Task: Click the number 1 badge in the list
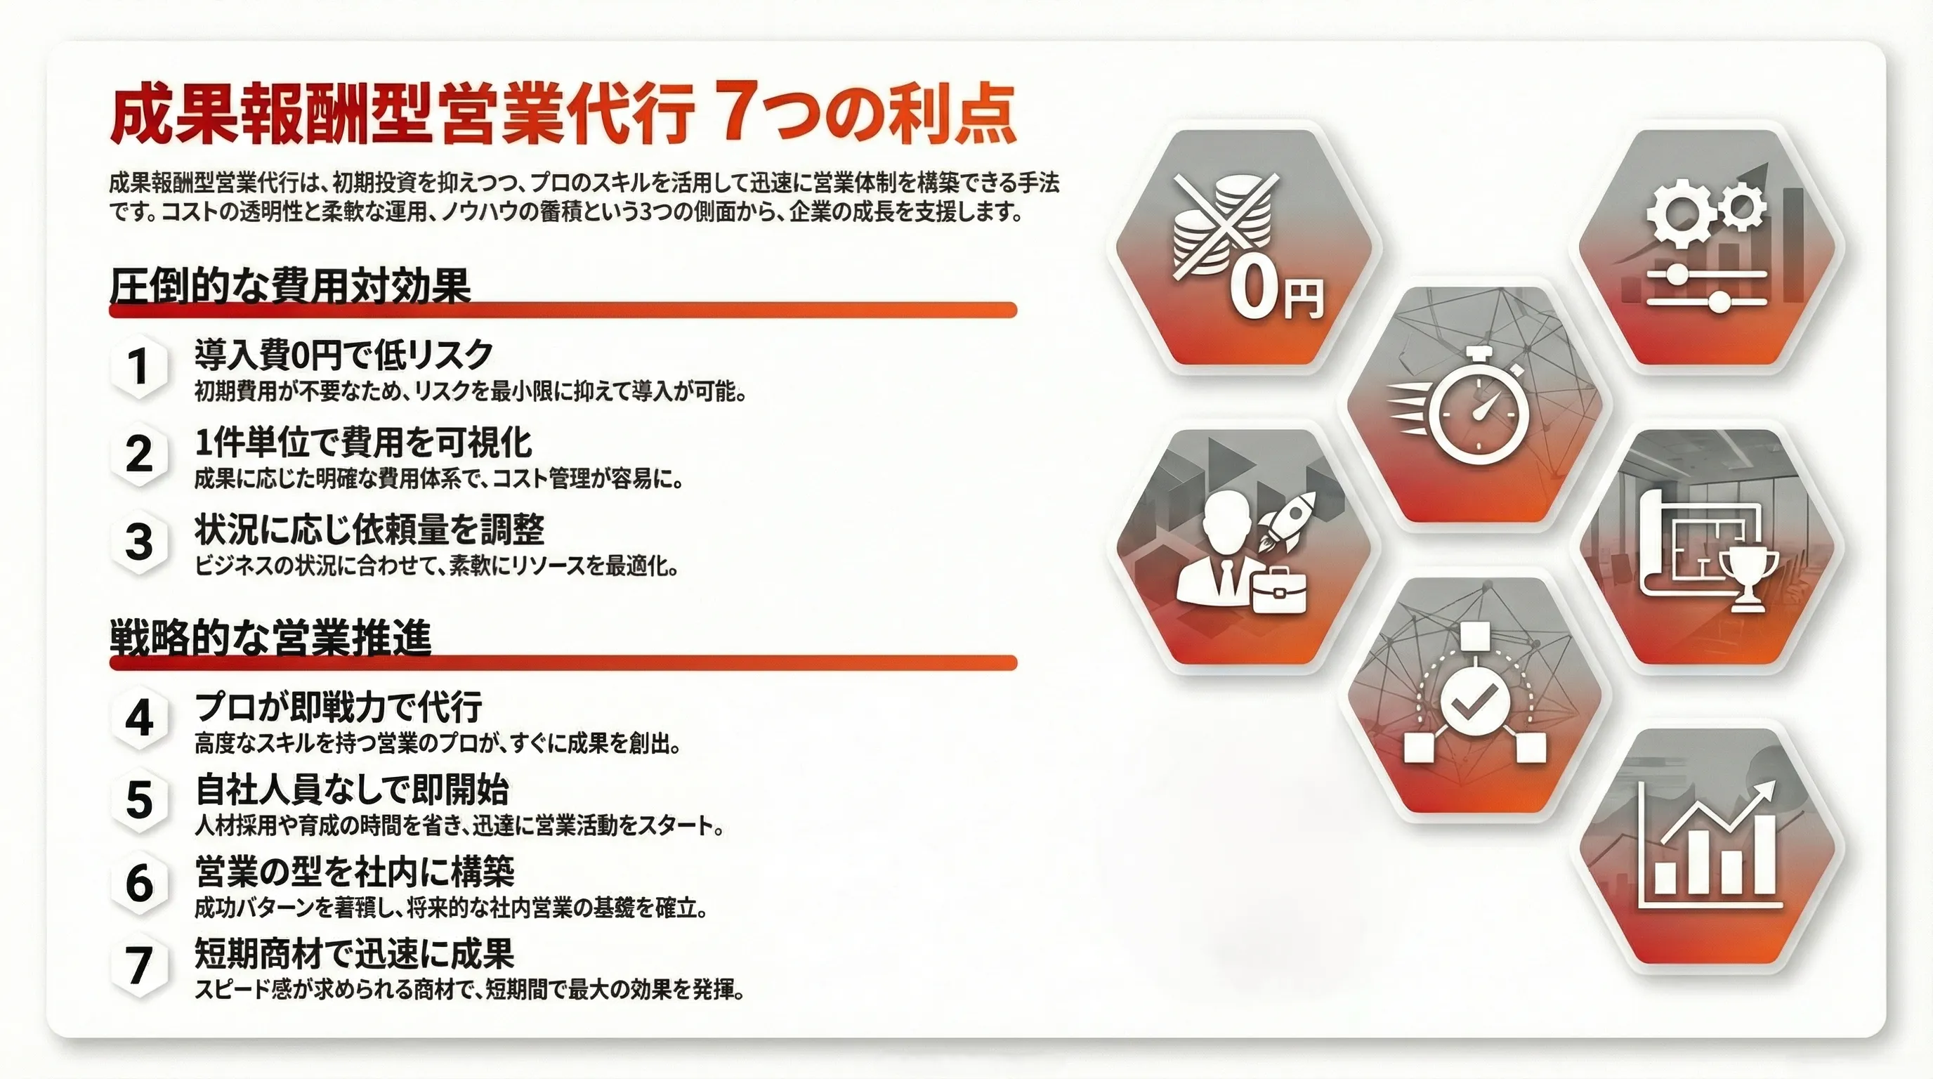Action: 139,367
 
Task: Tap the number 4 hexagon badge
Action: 139,719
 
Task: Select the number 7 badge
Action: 139,965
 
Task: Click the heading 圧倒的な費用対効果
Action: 289,285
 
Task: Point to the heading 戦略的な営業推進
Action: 271,638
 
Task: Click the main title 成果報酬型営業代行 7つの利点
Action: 563,114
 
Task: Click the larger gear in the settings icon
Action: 1677,213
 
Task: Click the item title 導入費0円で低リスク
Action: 343,354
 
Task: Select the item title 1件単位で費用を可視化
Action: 363,443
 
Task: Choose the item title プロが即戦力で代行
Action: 339,706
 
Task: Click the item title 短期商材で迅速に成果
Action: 354,954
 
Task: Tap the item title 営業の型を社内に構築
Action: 354,871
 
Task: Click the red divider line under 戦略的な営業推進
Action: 563,662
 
